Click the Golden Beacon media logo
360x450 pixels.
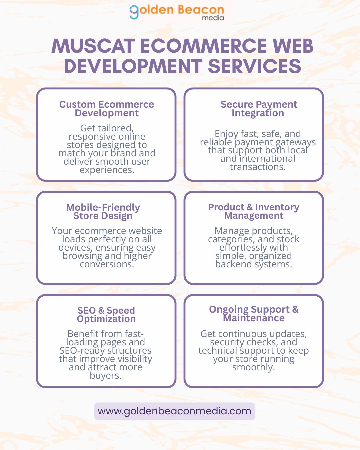coord(177,12)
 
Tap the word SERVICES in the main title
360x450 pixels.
coord(255,66)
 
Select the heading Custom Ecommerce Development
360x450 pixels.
coord(107,109)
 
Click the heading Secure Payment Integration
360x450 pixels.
coord(258,109)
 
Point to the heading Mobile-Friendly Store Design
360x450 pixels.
coord(103,211)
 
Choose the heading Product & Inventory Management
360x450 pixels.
coord(254,211)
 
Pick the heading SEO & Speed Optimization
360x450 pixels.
coord(106,314)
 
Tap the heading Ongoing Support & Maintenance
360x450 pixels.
coord(254,314)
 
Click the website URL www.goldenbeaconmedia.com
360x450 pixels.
coord(174,411)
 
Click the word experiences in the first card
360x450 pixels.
coord(107,170)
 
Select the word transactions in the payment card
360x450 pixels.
coord(258,167)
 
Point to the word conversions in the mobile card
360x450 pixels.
coord(107,264)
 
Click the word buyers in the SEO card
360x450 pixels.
coord(105,376)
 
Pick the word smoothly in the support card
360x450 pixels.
coord(253,367)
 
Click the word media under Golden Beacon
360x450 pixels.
coord(213,18)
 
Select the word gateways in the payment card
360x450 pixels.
coord(296,142)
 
